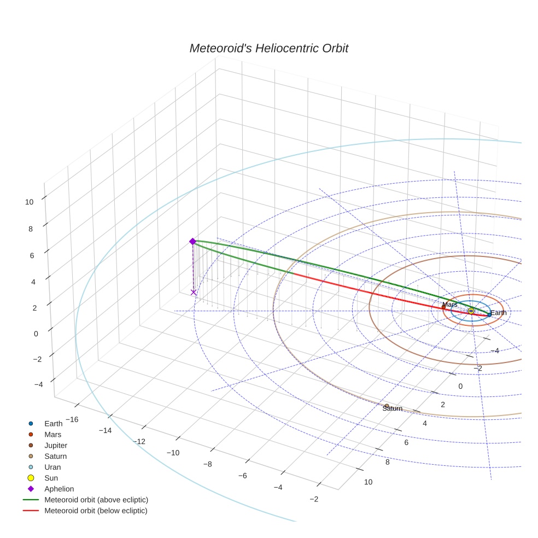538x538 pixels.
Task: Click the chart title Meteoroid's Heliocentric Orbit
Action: (268, 48)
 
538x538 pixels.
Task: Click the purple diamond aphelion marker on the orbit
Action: (192, 241)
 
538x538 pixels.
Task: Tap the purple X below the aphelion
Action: (194, 293)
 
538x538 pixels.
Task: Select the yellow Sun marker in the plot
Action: (471, 311)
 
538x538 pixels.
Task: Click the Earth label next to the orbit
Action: (498, 313)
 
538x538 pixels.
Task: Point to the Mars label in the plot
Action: (449, 305)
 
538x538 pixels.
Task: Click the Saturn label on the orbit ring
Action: (392, 408)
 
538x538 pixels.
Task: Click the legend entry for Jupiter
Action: (55, 445)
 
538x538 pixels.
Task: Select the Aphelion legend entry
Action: (59, 489)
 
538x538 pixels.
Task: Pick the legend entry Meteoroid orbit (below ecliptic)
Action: (96, 511)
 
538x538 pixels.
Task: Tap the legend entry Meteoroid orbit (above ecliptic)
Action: (96, 500)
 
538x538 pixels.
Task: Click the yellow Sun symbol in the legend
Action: (31, 478)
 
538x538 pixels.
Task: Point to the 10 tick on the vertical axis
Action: (29, 202)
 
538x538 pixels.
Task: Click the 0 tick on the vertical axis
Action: (36, 334)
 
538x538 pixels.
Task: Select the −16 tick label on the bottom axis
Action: (71, 419)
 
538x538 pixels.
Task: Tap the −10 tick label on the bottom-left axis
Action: (173, 453)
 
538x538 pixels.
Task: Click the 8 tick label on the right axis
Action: (387, 462)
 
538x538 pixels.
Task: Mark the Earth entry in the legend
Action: (53, 423)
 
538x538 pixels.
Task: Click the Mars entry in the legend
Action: (52, 434)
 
